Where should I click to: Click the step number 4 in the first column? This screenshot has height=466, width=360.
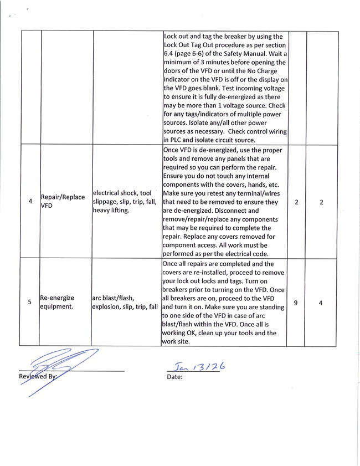(x=30, y=202)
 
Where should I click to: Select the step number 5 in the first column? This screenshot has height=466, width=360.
(x=30, y=303)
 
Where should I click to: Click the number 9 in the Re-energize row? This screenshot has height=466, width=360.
(x=297, y=303)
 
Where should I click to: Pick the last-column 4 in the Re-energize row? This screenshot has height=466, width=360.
(x=322, y=303)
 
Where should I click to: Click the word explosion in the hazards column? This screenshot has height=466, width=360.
(x=110, y=307)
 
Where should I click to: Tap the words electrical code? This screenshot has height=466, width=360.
(x=246, y=253)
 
